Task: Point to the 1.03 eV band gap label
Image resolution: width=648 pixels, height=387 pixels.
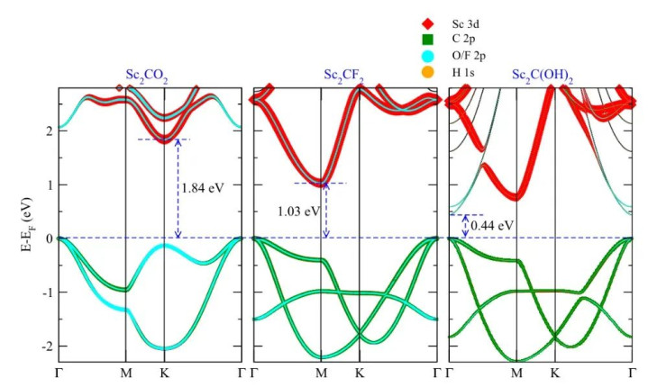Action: click(x=298, y=211)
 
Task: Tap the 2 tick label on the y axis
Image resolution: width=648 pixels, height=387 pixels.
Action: click(x=50, y=130)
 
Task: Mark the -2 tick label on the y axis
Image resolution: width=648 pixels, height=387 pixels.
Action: click(x=47, y=346)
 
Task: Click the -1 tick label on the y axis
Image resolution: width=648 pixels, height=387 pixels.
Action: click(x=47, y=292)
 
